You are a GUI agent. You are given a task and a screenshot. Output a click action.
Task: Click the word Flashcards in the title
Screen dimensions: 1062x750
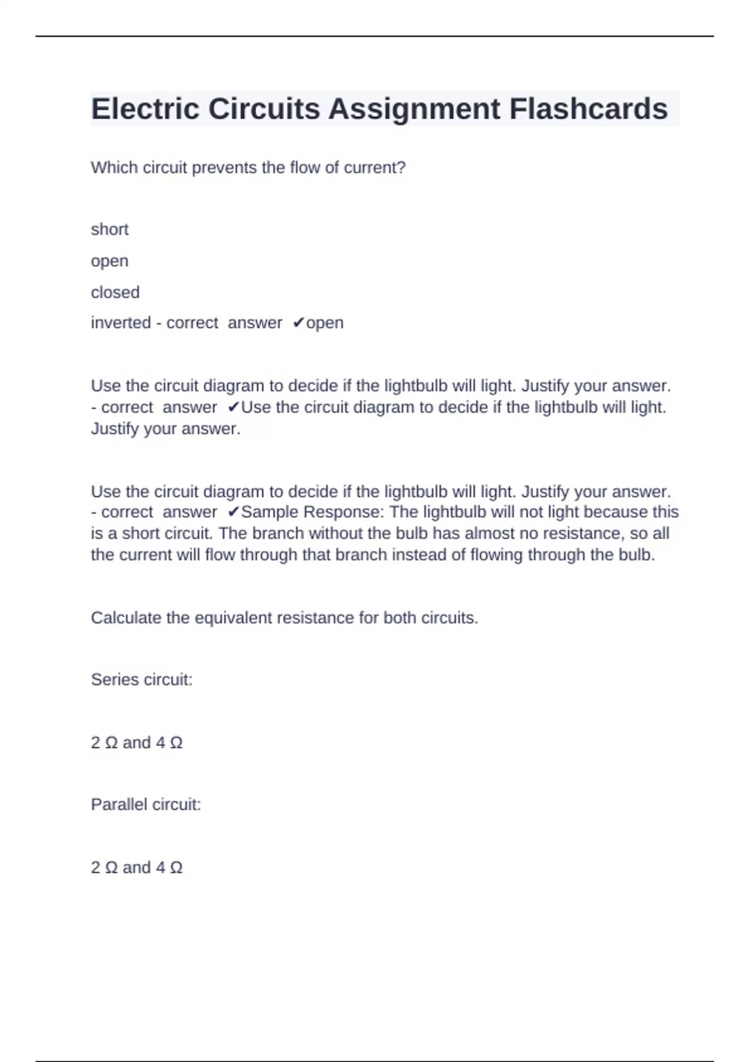tap(588, 109)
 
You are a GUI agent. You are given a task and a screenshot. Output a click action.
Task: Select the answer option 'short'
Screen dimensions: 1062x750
tap(109, 229)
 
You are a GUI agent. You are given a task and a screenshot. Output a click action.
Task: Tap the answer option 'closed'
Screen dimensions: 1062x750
tap(115, 292)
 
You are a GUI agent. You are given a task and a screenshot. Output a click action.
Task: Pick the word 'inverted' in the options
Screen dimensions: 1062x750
tap(120, 323)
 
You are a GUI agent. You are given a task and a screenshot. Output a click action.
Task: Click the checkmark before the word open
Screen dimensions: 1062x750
tap(298, 323)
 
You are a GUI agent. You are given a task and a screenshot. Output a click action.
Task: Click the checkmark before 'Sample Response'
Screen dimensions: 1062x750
tap(233, 512)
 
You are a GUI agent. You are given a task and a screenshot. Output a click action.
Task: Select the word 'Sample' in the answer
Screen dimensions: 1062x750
tap(269, 512)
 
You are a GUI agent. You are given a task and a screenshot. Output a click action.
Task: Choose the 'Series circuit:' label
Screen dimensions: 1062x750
tap(141, 680)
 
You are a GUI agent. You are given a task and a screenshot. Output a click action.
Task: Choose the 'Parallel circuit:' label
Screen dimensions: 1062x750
tap(146, 805)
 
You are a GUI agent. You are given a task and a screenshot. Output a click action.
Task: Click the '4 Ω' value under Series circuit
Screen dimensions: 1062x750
tap(169, 743)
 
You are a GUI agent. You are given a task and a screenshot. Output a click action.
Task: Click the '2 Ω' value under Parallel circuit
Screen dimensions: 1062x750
tap(104, 868)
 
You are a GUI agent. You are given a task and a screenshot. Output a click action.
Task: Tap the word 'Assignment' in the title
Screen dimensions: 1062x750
tap(414, 109)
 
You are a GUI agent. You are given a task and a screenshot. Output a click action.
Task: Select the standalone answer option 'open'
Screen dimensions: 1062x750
tap(109, 261)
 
